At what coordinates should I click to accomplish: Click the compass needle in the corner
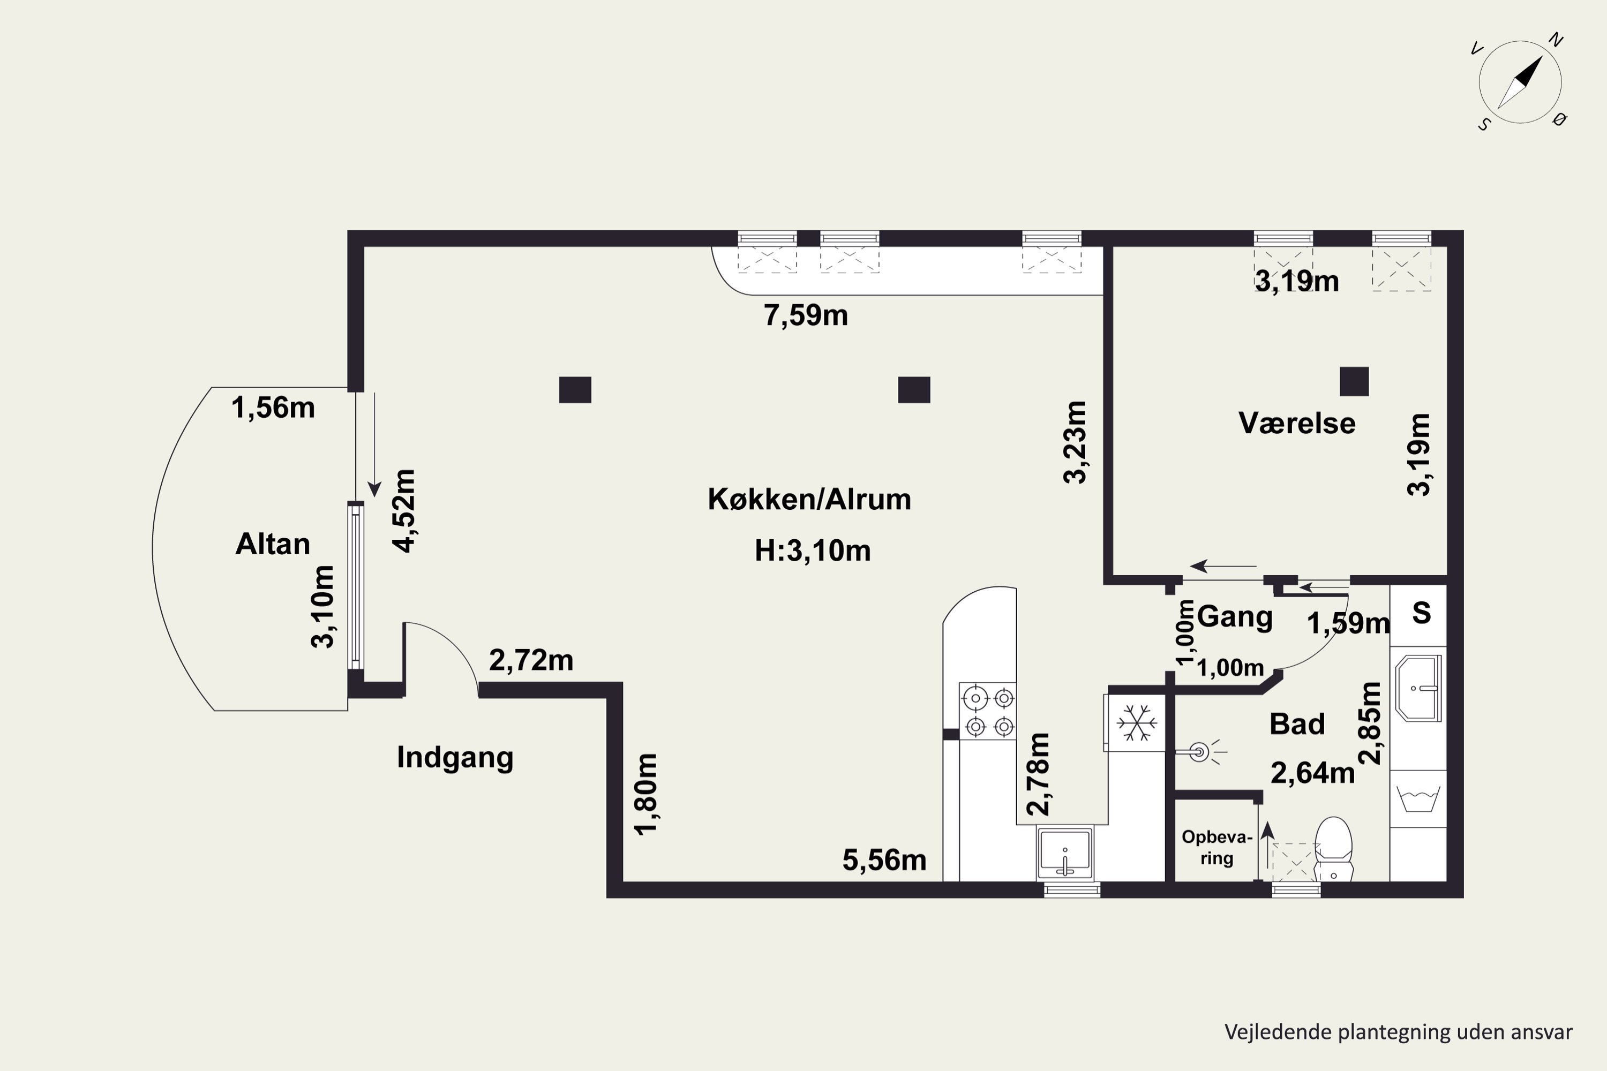click(x=1520, y=82)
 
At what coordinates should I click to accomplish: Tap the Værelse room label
click(x=1297, y=424)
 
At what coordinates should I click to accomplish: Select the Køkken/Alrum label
click(x=809, y=499)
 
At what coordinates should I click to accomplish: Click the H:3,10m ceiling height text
click(x=813, y=550)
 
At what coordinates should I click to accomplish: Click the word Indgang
click(x=455, y=758)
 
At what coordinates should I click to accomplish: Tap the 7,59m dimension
click(x=806, y=315)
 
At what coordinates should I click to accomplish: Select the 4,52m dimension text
click(x=404, y=511)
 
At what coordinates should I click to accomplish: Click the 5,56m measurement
click(x=884, y=861)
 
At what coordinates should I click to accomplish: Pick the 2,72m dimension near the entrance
click(x=531, y=660)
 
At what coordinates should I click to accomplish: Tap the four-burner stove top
click(x=987, y=711)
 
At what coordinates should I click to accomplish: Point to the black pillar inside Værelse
click(x=1354, y=382)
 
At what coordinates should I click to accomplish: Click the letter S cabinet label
click(x=1422, y=613)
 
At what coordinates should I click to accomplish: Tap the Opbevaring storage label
click(x=1217, y=848)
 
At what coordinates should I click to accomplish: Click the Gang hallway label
click(x=1235, y=617)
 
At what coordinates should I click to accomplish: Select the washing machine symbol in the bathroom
click(x=1418, y=798)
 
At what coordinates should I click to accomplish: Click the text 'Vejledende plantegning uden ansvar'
click(x=1399, y=1032)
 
